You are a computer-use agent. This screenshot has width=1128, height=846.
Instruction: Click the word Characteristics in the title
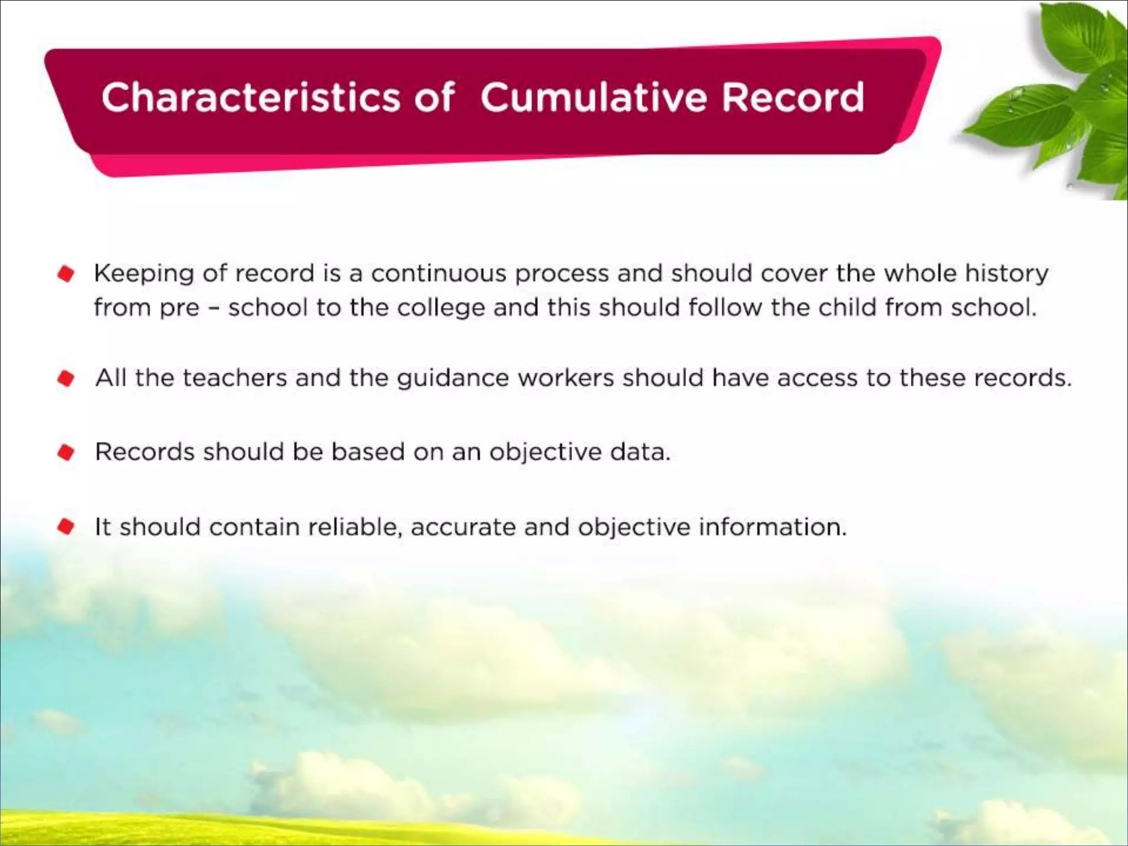(251, 97)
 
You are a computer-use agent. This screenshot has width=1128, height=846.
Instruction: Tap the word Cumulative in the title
(593, 97)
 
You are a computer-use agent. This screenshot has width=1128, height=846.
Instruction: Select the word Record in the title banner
(793, 97)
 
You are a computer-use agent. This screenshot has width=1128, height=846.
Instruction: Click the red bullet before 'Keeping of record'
(66, 274)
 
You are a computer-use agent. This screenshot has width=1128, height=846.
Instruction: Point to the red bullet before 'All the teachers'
(66, 378)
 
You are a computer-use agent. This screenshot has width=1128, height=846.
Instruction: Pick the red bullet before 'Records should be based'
(66, 452)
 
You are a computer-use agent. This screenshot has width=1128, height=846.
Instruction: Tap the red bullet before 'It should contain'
(66, 527)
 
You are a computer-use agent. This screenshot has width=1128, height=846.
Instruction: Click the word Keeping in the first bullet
(144, 274)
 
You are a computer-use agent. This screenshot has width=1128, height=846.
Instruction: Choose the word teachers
(235, 378)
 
